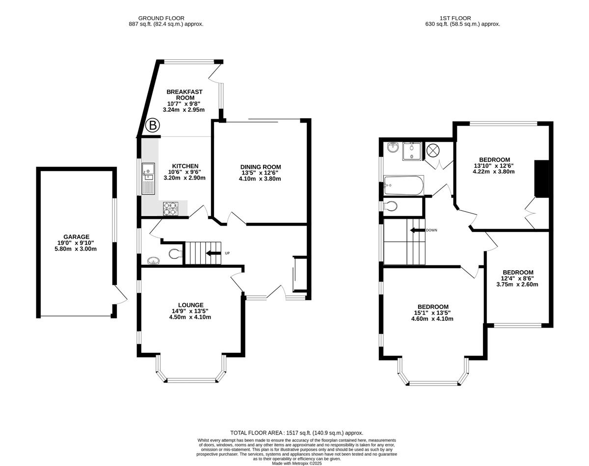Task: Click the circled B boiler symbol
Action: tap(152, 126)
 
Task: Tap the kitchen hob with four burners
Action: tap(170, 209)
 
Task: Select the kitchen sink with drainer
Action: tap(148, 179)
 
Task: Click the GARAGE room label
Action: tap(77, 237)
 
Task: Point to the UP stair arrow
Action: tap(214, 253)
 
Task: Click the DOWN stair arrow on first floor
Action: tap(417, 230)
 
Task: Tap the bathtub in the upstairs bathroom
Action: tap(403, 185)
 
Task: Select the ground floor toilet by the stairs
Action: tap(175, 254)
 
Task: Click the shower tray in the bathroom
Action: tap(412, 151)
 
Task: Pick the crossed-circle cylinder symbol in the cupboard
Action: tap(433, 150)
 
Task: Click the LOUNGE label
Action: tap(191, 305)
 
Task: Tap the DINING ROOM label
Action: tap(261, 167)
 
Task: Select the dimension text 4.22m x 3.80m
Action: tap(493, 172)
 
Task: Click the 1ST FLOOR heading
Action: tap(455, 18)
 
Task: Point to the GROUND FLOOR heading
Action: tap(161, 18)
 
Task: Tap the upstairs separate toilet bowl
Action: tap(391, 206)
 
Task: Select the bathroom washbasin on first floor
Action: tap(393, 148)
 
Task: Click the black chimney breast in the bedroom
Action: tap(542, 179)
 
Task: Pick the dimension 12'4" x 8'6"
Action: tap(517, 279)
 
